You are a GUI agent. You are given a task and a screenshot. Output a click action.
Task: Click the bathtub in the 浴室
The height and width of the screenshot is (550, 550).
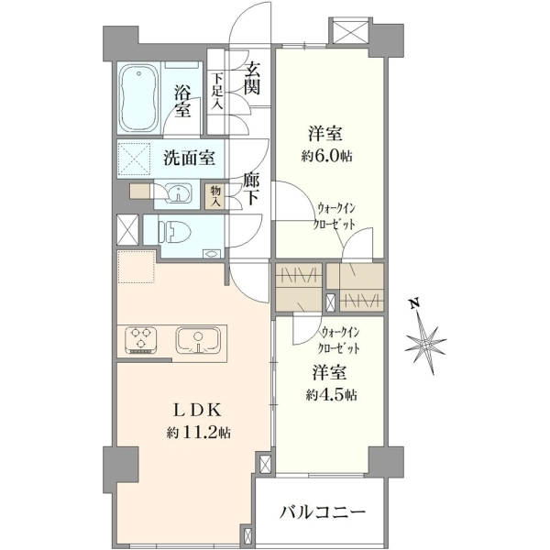pos(138,98)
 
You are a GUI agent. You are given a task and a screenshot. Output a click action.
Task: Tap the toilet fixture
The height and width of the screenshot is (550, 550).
pos(174,231)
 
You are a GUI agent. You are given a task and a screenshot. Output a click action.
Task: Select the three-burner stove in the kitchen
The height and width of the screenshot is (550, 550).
pos(141,339)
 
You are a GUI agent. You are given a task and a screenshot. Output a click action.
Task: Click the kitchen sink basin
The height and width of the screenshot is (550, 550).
pos(198,340)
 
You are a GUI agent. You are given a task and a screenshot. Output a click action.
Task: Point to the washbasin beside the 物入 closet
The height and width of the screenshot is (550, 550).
pos(179,193)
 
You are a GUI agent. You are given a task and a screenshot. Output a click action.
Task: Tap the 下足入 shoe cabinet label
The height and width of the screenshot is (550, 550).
pos(217,92)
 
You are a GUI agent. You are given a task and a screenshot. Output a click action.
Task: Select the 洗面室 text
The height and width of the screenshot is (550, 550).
pos(189,158)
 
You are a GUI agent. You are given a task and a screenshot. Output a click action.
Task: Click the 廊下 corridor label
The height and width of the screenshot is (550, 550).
pos(251,191)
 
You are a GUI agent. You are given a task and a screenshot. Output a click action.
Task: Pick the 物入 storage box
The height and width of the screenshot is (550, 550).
pos(214,197)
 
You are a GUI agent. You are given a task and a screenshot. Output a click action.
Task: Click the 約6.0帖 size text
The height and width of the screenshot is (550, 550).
pos(326,156)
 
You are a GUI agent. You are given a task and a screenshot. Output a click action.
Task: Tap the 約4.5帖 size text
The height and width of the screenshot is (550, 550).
pos(331,394)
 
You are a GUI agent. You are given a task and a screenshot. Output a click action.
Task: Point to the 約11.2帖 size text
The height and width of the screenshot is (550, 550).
pos(198,434)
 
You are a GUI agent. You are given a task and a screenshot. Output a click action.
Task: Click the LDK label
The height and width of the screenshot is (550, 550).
pos(198,411)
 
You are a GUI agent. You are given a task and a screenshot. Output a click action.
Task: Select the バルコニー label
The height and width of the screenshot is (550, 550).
pos(323,513)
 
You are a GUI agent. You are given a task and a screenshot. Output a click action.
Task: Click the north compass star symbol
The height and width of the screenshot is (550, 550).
pos(426,343)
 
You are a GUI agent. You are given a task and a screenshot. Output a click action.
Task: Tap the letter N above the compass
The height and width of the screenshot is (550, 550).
pos(414,303)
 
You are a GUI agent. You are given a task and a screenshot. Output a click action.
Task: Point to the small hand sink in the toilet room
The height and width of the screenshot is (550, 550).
pos(212,254)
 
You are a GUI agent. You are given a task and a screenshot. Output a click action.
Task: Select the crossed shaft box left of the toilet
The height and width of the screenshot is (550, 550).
pos(127,230)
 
